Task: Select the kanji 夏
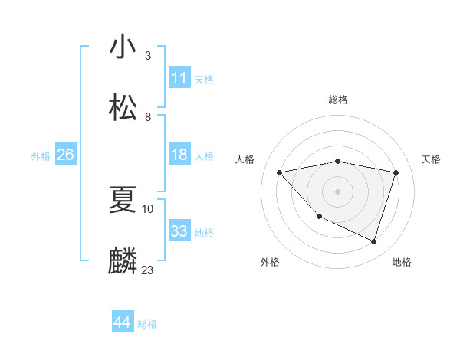[x=123, y=201]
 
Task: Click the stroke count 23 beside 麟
[x=148, y=270]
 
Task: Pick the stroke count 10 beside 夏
[x=148, y=208]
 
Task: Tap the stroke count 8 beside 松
[x=148, y=116]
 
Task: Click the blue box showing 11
[x=179, y=78]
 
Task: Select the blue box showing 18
[x=179, y=155]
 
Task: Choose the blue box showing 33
[x=179, y=231]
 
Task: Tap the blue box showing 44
[x=123, y=322]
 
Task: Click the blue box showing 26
[x=65, y=155]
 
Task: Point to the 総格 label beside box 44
[x=147, y=324]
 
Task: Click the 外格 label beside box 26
[x=41, y=156]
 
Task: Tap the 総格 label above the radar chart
[x=338, y=100]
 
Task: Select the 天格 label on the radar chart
[x=432, y=159]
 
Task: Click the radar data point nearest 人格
[x=280, y=172]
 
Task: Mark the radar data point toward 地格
[x=373, y=242]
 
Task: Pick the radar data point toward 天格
[x=396, y=172]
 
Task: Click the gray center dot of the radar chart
[x=338, y=191]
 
